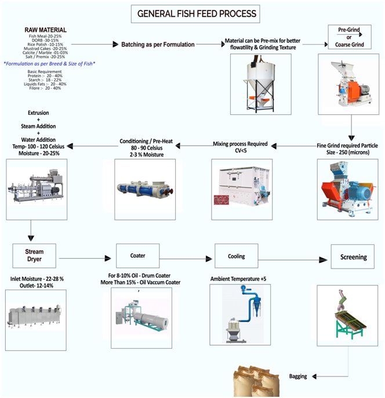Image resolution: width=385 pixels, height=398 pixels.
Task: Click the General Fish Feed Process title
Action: (x=197, y=14)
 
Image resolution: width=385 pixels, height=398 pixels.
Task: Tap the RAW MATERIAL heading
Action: (x=45, y=30)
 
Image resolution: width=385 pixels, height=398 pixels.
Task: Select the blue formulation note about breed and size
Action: (x=49, y=64)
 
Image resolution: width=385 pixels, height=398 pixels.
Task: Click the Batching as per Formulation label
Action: (x=158, y=45)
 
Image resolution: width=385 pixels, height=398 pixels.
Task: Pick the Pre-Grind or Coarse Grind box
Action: (x=350, y=37)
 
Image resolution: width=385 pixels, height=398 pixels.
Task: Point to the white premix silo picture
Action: (x=259, y=84)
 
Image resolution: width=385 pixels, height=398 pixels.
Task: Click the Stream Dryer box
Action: (x=34, y=256)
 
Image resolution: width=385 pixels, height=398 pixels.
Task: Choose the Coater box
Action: (x=138, y=256)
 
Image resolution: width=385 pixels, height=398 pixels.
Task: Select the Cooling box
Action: (x=237, y=256)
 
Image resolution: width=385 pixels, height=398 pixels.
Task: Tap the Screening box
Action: (x=353, y=256)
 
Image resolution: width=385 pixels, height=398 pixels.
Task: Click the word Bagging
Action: (x=298, y=376)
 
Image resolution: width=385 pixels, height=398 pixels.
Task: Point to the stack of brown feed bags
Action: (x=256, y=381)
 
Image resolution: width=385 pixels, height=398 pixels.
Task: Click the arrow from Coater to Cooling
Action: (x=186, y=259)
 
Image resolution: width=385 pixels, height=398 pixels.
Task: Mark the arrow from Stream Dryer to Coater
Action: (x=85, y=258)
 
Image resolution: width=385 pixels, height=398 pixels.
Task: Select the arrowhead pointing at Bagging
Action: (x=314, y=377)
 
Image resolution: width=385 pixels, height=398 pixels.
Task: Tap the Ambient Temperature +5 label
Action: (x=238, y=279)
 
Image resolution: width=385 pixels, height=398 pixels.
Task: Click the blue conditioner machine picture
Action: (x=145, y=189)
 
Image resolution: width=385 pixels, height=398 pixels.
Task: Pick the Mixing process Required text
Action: (x=240, y=144)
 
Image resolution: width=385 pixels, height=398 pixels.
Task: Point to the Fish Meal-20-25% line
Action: (x=45, y=37)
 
